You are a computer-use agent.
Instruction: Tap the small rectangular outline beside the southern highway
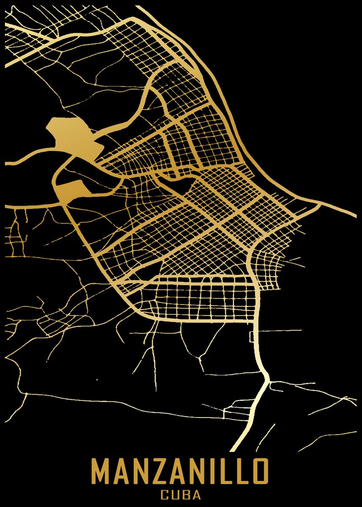252,337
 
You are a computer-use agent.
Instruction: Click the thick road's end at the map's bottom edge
234,449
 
